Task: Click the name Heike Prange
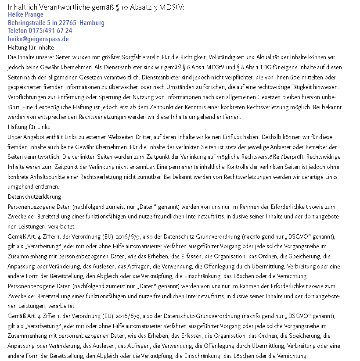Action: [25, 14]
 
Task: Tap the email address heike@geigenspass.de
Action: [38, 39]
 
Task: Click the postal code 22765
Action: [69, 23]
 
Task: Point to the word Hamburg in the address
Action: [93, 23]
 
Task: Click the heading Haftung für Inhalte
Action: [31, 47]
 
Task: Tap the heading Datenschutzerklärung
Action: [35, 197]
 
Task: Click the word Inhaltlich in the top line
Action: [23, 7]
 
